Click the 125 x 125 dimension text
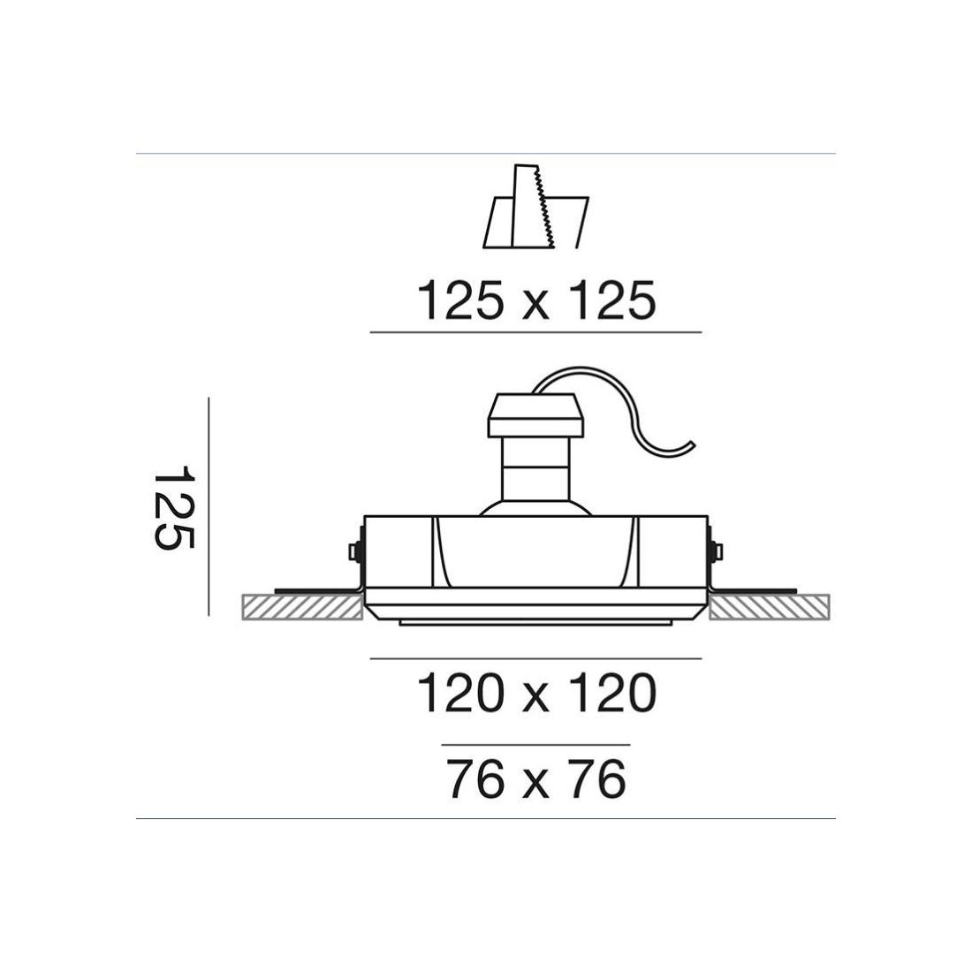tap(536, 300)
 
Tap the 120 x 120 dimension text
tap(536, 693)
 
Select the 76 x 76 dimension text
tap(536, 779)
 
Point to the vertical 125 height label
tap(174, 506)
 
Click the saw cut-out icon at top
tap(536, 207)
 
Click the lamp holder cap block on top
tap(536, 414)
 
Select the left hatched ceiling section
tap(302, 607)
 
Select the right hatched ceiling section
tap(770, 607)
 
